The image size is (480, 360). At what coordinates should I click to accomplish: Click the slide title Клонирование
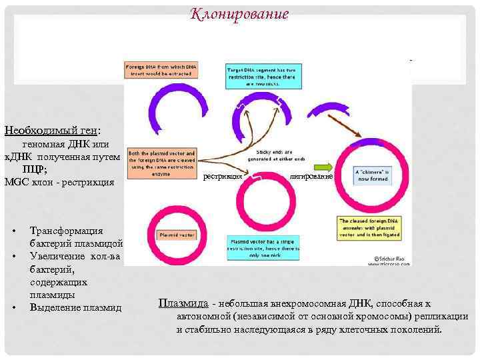239,14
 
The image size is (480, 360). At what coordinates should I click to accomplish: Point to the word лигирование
311,177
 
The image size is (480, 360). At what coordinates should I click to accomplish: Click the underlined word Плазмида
179,303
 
